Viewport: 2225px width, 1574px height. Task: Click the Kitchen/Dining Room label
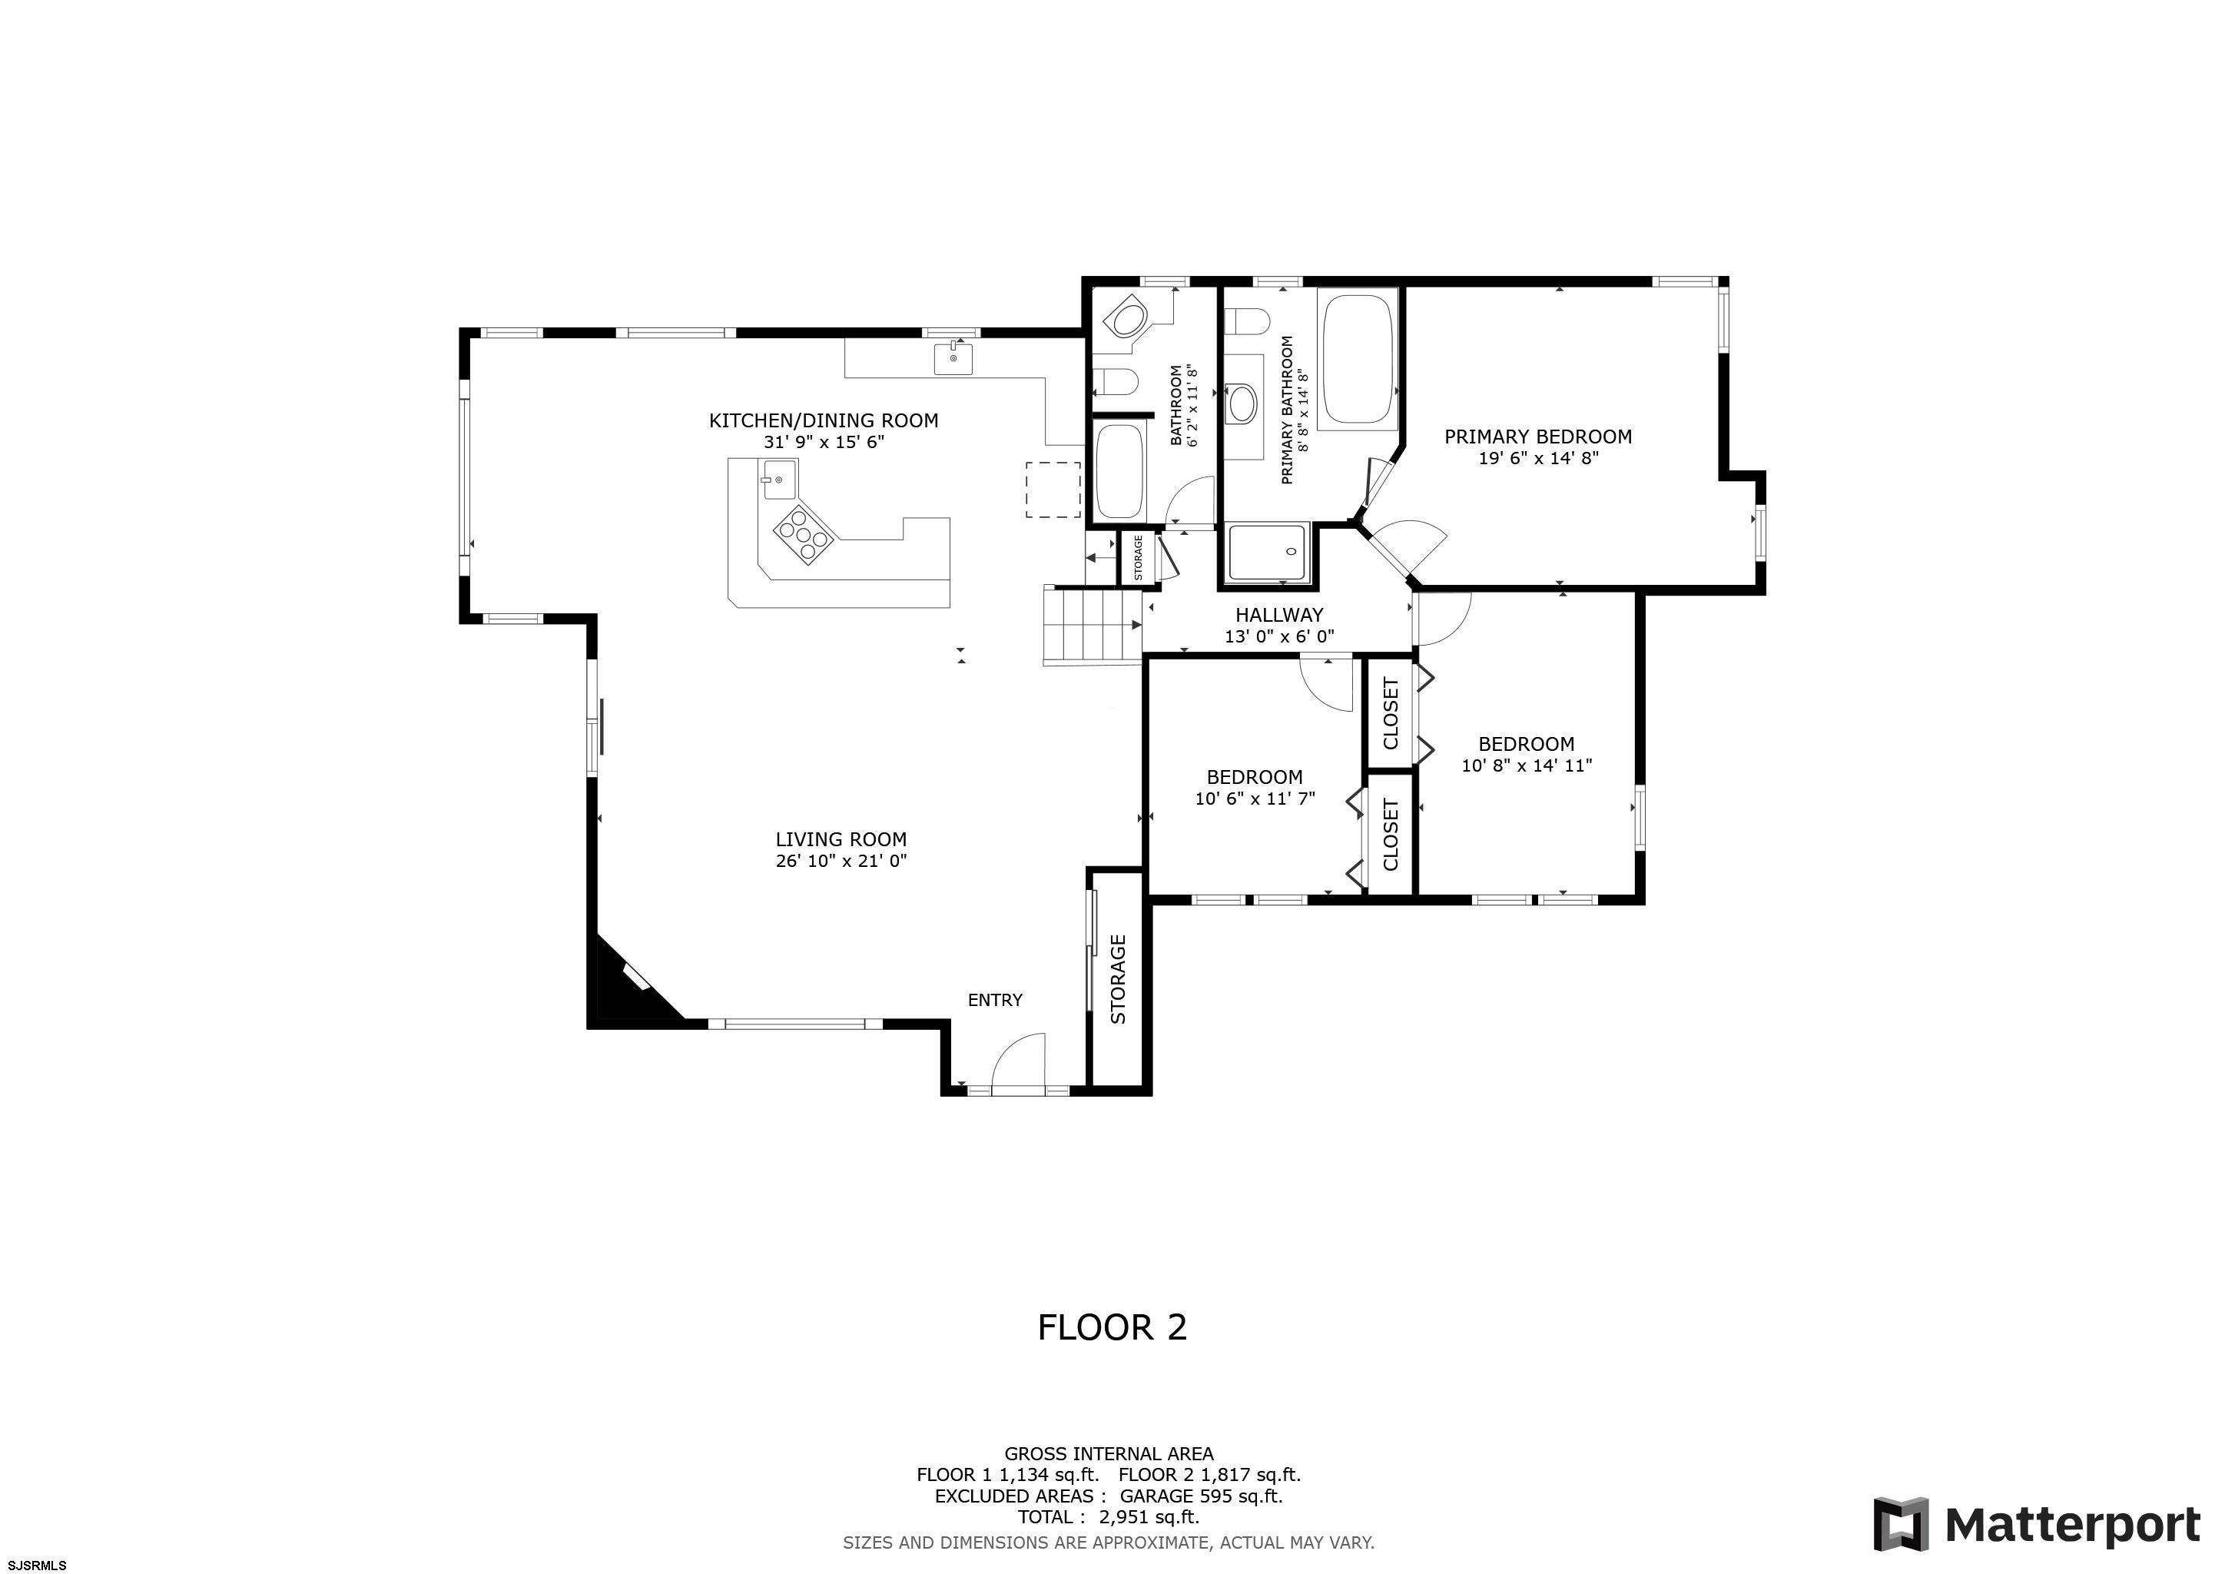[x=824, y=420]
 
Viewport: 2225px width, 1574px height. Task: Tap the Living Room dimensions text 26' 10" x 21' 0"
[x=841, y=861]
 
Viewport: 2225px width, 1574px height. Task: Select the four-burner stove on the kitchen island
[x=804, y=533]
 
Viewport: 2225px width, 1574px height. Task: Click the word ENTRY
[x=995, y=1000]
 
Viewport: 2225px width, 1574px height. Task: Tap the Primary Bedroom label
[x=1538, y=437]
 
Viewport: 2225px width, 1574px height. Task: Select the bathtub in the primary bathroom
[x=1358, y=360]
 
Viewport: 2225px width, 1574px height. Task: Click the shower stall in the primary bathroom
[x=1269, y=553]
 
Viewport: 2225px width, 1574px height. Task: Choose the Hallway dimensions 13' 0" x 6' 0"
[x=1279, y=637]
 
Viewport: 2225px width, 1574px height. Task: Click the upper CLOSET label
[x=1391, y=713]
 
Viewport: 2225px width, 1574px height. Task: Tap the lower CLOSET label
[x=1391, y=835]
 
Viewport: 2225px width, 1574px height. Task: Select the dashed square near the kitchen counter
[x=1053, y=490]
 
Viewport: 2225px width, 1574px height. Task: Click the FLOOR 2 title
[x=1112, y=1327]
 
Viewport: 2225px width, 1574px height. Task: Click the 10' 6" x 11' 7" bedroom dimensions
[x=1255, y=799]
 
